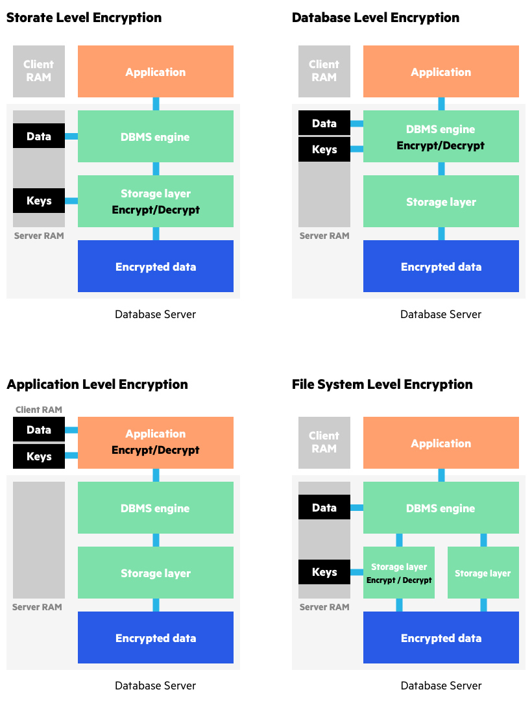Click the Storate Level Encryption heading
84,18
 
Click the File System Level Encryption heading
382,384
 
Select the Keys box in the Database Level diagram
324,149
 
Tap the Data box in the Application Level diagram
39,430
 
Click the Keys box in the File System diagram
324,572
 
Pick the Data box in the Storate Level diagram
39,136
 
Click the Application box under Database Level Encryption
441,71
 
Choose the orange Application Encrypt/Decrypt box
156,442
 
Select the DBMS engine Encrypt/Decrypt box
441,136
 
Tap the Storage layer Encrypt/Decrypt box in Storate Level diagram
156,201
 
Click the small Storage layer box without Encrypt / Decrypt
483,573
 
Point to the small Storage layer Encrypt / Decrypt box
399,573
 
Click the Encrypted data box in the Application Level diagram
156,638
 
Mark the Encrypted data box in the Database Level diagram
441,266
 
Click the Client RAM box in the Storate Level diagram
39,71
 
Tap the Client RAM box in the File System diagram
324,443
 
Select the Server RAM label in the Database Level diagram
324,236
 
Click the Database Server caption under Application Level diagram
156,686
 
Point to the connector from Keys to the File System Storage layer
357,572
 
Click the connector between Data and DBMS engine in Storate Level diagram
71,136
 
